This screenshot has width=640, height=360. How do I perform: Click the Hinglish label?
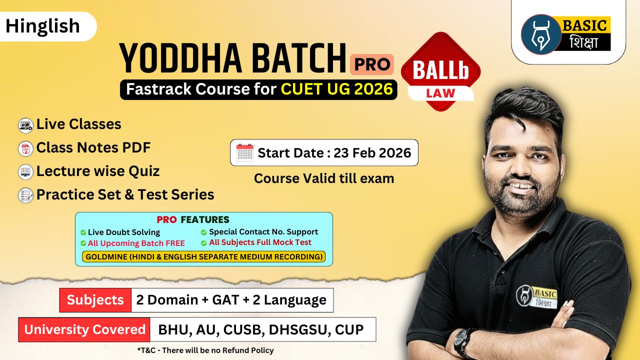43,26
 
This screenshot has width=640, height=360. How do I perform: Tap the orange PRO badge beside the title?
371,64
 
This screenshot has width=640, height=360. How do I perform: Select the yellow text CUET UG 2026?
336,89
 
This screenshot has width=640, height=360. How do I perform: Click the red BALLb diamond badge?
440,72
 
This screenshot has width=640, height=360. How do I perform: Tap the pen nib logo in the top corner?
540,34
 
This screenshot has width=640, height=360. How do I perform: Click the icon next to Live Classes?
25,124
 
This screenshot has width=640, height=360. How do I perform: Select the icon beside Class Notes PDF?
25,148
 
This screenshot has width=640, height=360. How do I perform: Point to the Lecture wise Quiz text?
98,171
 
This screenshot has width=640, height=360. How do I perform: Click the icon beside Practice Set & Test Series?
25,195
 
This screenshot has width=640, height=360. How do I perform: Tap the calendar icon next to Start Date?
245,152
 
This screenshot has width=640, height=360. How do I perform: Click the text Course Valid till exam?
324,178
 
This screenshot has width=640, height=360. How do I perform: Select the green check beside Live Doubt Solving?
83,232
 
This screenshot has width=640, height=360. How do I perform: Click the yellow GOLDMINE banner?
203,257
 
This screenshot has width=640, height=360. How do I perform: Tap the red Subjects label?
95,300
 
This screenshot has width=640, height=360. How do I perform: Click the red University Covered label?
84,329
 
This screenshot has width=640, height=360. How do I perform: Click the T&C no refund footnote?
205,350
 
